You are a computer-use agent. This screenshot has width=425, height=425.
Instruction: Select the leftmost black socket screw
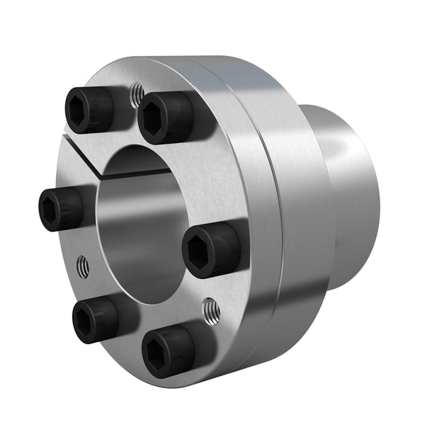(x=60, y=209)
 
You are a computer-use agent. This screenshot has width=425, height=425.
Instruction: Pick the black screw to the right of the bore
(x=210, y=249)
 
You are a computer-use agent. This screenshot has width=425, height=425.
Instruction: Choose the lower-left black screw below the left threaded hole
(x=94, y=319)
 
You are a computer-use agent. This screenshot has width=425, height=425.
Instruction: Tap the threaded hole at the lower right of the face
(x=211, y=310)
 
